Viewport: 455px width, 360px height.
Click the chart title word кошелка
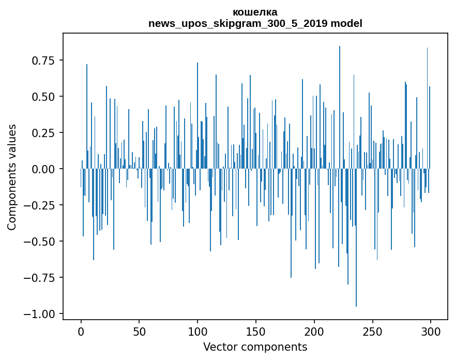tap(255, 12)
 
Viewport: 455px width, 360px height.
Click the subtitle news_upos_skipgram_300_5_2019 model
tap(255, 23)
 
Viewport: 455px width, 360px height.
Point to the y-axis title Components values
tap(12, 177)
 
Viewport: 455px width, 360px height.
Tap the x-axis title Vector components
tap(255, 347)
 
